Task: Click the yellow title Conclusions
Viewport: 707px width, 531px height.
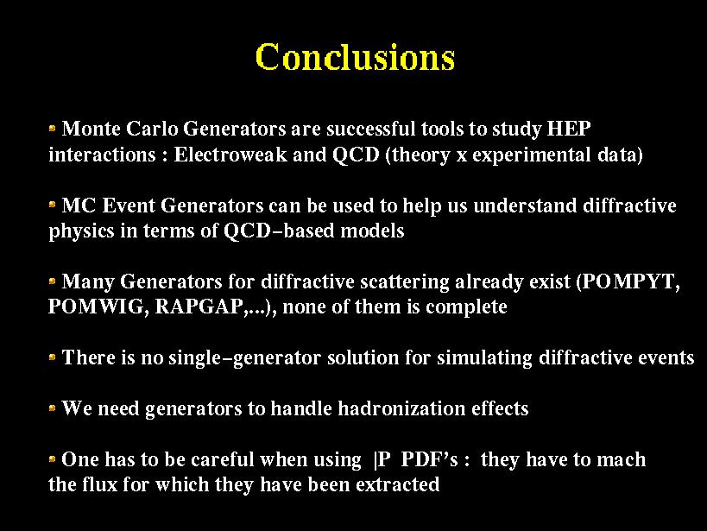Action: click(x=355, y=57)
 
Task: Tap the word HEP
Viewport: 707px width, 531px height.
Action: click(x=569, y=129)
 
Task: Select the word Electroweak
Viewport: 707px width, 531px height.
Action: click(x=230, y=155)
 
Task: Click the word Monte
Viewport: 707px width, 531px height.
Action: click(x=92, y=129)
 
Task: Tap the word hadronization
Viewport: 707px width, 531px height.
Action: click(x=401, y=408)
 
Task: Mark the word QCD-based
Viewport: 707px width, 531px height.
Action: click(x=279, y=231)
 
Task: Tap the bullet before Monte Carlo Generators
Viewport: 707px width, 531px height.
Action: click(x=53, y=129)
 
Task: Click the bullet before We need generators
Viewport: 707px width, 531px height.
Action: click(x=53, y=408)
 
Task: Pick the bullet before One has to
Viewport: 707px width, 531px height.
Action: click(x=53, y=459)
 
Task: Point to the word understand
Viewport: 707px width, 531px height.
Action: click(x=526, y=205)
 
